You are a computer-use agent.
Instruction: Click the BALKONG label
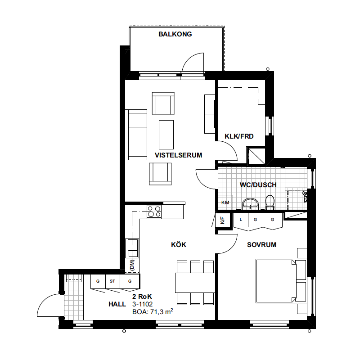[175, 34]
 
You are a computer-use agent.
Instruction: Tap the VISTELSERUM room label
[178, 155]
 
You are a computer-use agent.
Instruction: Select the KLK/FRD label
[239, 136]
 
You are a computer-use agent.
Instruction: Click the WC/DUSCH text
[258, 185]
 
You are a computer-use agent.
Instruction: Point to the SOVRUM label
[262, 245]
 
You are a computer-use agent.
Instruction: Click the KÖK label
[179, 244]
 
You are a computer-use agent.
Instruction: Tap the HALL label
[117, 304]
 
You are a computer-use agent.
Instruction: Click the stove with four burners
[154, 211]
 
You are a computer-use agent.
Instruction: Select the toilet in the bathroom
[270, 202]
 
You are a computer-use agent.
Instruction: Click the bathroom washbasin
[250, 204]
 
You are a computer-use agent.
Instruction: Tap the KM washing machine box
[225, 202]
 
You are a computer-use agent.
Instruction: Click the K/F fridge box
[223, 220]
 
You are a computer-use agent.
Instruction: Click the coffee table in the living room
[166, 135]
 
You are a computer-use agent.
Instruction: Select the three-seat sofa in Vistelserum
[136, 135]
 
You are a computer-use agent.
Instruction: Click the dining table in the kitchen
[195, 283]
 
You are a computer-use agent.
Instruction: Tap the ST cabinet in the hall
[112, 282]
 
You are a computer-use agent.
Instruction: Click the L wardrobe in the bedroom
[241, 220]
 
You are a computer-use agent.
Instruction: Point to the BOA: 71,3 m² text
[153, 311]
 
